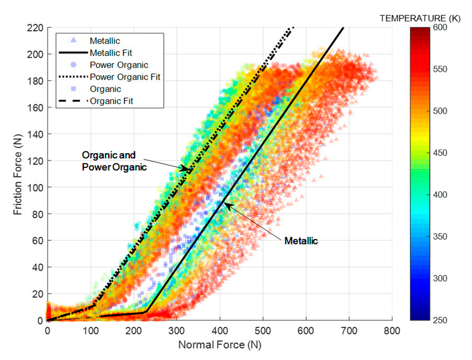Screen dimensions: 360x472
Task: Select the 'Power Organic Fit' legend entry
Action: [x=125, y=77]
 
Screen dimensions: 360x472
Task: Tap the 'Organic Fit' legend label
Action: [x=111, y=101]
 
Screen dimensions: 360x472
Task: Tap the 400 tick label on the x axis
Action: [x=220, y=331]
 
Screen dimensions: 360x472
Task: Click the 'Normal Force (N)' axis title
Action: [x=220, y=345]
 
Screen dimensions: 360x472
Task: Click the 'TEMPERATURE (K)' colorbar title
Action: [x=420, y=19]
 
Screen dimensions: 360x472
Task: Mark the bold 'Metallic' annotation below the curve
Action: [x=301, y=241]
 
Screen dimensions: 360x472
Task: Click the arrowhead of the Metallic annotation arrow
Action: [x=225, y=205]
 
